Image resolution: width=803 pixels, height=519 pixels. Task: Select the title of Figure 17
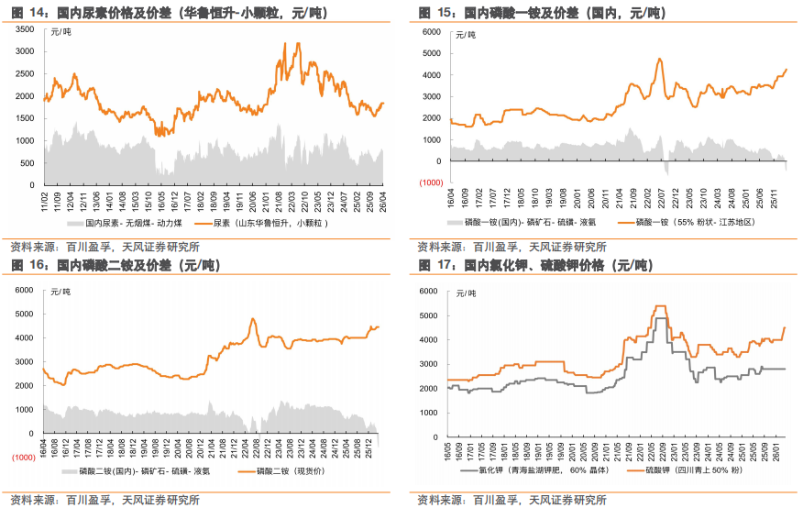[x=535, y=266]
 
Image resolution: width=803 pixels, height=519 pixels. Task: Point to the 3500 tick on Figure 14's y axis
[x=27, y=30]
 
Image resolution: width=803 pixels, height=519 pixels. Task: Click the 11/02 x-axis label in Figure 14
[x=45, y=199]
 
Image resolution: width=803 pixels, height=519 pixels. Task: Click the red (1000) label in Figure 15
[x=432, y=182]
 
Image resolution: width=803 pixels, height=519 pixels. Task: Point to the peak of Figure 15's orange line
[x=659, y=60]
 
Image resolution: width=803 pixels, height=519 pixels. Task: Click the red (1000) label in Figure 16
[x=23, y=456]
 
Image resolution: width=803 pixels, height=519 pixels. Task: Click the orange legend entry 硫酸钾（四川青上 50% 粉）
[x=683, y=471]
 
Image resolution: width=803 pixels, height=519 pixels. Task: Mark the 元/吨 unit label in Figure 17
[x=467, y=293]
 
